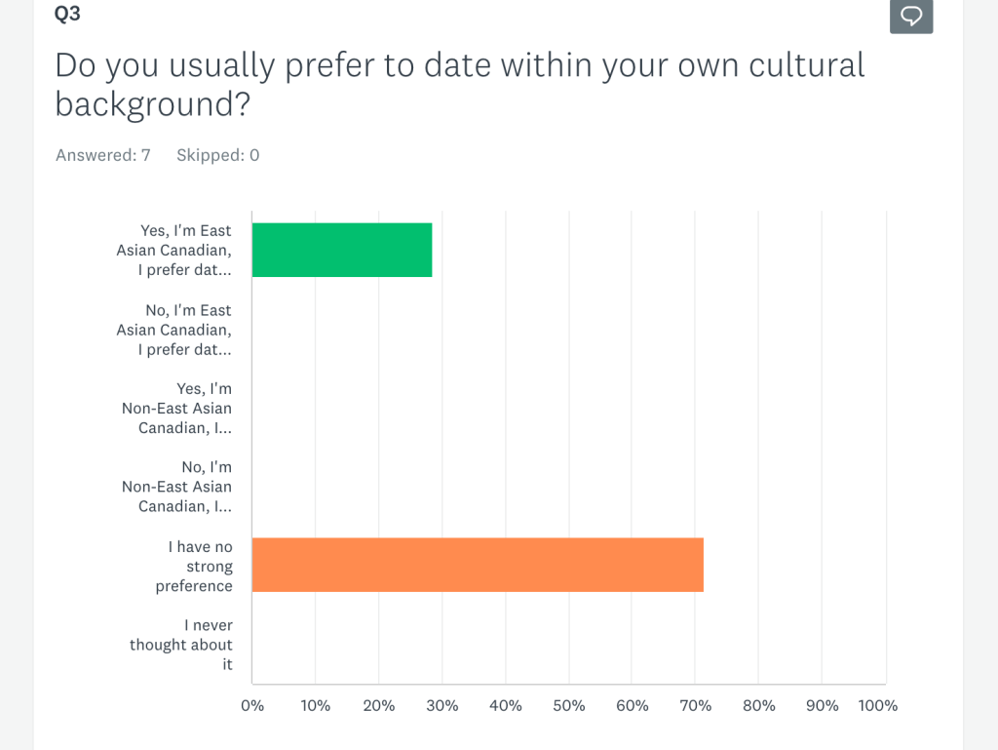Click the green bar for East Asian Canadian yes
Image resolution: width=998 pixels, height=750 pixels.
pyautogui.click(x=341, y=250)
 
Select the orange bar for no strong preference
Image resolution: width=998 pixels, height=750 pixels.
pyautogui.click(x=478, y=565)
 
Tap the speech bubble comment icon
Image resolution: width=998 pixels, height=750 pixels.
pyautogui.click(x=911, y=17)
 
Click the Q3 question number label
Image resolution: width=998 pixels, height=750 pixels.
pyautogui.click(x=68, y=14)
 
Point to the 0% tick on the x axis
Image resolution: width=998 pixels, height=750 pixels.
pyautogui.click(x=252, y=705)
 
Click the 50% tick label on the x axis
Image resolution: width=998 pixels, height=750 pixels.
pyautogui.click(x=569, y=705)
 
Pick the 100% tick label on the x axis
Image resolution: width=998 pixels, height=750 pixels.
pyautogui.click(x=878, y=705)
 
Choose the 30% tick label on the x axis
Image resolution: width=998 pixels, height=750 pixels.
pyautogui.click(x=442, y=705)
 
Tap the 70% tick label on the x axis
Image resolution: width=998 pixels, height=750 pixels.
pyautogui.click(x=696, y=705)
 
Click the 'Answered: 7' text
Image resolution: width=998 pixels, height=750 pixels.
pyautogui.click(x=103, y=155)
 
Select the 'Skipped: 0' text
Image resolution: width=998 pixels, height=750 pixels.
pyautogui.click(x=218, y=155)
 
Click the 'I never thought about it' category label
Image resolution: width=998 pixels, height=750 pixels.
pyautogui.click(x=182, y=645)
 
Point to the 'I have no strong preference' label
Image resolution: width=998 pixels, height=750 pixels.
pyautogui.click(x=195, y=567)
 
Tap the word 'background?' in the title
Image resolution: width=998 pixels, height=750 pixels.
pyautogui.click(x=153, y=104)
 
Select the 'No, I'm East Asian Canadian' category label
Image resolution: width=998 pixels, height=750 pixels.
pyautogui.click(x=175, y=330)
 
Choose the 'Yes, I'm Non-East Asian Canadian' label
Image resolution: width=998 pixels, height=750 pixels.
pyautogui.click(x=177, y=409)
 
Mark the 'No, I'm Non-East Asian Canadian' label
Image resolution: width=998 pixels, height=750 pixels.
pyautogui.click(x=177, y=487)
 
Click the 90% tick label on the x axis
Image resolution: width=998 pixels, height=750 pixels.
pyautogui.click(x=823, y=705)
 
